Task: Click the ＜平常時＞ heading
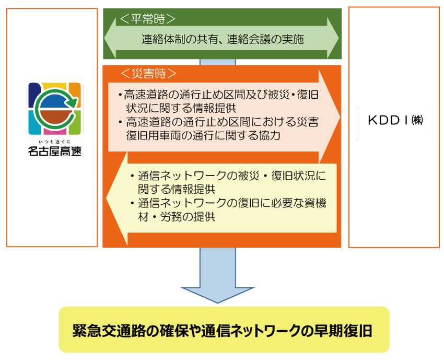tap(147, 19)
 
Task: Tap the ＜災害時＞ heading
tap(148, 73)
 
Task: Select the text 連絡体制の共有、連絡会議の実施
tap(223, 39)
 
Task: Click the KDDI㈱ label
tap(395, 120)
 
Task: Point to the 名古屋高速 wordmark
tap(55, 151)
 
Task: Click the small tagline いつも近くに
tap(55, 142)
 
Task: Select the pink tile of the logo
tap(55, 131)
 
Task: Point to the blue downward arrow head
tap(217, 295)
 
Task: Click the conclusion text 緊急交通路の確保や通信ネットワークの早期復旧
tap(223, 330)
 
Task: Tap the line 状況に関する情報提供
tap(181, 108)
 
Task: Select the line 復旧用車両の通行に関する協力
tap(203, 135)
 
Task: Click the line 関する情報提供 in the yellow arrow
tap(177, 189)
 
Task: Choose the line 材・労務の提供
tap(177, 217)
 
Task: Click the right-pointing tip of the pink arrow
tap(340, 117)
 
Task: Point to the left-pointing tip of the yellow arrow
tap(107, 198)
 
